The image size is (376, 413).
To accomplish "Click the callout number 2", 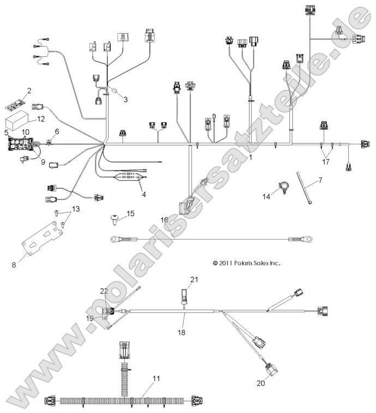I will point(29,91).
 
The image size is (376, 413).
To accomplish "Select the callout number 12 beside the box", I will point(41,118).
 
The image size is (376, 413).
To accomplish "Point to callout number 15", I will point(130,213).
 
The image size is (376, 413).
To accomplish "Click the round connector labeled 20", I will point(270,370).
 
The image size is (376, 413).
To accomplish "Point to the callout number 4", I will point(144,194).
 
